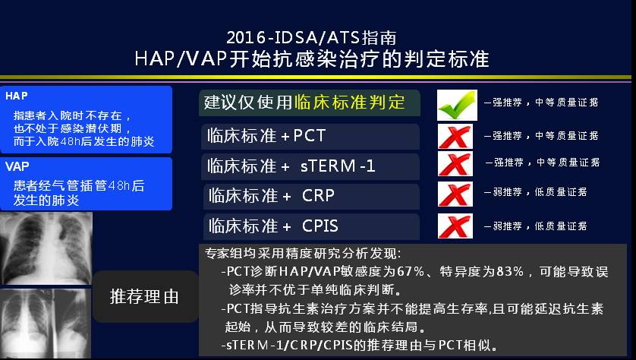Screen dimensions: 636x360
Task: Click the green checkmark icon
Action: tap(457, 105)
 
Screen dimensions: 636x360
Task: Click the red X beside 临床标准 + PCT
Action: tap(455, 137)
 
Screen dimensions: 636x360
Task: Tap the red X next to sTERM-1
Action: tap(455, 164)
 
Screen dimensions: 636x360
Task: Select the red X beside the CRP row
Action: tap(455, 194)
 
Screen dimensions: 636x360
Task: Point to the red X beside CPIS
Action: tap(455, 226)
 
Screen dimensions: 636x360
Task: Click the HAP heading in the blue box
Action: tap(17, 96)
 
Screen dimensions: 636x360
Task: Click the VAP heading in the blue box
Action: tap(17, 166)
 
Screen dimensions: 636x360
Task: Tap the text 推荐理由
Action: tap(144, 297)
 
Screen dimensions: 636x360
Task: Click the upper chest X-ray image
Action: tap(46, 248)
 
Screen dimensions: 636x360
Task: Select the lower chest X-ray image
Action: tap(46, 324)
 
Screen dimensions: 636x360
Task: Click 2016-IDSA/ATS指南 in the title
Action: tap(311, 38)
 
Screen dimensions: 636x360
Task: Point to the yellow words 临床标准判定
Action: tap(349, 103)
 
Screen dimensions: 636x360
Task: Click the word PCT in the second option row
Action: tap(310, 135)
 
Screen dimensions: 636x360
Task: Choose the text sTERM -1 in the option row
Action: tap(338, 166)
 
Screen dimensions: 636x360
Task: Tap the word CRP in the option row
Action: tap(319, 196)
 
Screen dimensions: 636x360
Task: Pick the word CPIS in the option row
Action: tap(320, 226)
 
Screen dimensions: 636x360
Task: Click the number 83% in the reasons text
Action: tap(510, 271)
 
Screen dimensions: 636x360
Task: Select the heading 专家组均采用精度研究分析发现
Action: tap(303, 253)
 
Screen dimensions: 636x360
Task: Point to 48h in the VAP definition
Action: tap(119, 185)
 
